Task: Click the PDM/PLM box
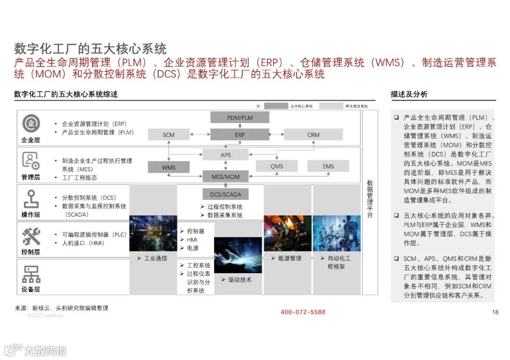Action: click(x=240, y=117)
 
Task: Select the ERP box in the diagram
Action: click(x=240, y=134)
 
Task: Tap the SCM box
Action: click(x=169, y=134)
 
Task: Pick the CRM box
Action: click(x=314, y=134)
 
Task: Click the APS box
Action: click(x=226, y=155)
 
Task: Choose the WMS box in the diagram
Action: click(x=169, y=167)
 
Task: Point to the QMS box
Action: click(x=277, y=166)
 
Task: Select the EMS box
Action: click(x=328, y=166)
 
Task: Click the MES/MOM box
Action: click(x=226, y=177)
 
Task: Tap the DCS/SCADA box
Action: click(x=226, y=194)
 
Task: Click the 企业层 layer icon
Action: click(x=31, y=124)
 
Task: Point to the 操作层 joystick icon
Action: click(x=31, y=199)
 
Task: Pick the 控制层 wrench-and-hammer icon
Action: click(x=31, y=236)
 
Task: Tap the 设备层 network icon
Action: click(x=31, y=274)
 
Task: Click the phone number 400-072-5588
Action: click(x=303, y=312)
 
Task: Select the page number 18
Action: click(x=495, y=312)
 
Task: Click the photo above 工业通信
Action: click(x=153, y=233)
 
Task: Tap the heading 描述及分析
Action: click(x=409, y=94)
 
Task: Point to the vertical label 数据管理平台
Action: click(x=370, y=198)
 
